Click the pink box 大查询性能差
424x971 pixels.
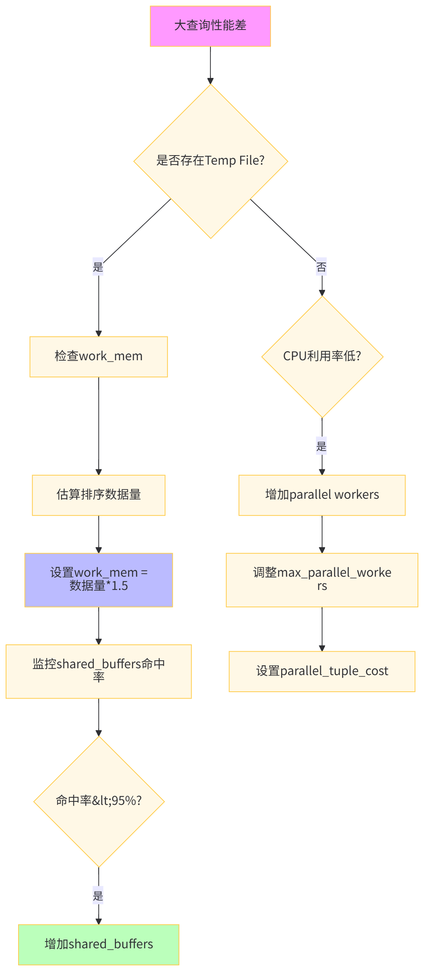pyautogui.click(x=210, y=26)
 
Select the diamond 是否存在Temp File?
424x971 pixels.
pyautogui.click(x=210, y=161)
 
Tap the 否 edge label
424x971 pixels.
pyautogui.click(x=321, y=267)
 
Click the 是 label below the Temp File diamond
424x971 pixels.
pyautogui.click(x=98, y=267)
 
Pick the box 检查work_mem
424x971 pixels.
pyautogui.click(x=99, y=356)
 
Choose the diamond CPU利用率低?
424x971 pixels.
pyautogui.click(x=322, y=356)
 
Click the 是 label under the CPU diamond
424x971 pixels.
pyautogui.click(x=321, y=446)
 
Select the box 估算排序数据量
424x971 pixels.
pyautogui.click(x=99, y=495)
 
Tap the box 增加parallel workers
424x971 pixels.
pyautogui.click(x=322, y=495)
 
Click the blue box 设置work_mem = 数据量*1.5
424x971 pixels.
pyautogui.click(x=99, y=580)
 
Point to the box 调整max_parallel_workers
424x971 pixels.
pyautogui.click(x=322, y=580)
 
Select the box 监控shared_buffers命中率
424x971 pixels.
pyautogui.click(x=99, y=671)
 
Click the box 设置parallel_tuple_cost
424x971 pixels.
pyautogui.click(x=322, y=671)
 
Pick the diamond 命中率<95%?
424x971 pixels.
pyautogui.click(x=99, y=801)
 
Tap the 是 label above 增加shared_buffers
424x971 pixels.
pyautogui.click(x=98, y=895)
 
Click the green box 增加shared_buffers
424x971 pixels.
pyautogui.click(x=99, y=945)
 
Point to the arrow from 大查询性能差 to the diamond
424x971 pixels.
pyautogui.click(x=210, y=64)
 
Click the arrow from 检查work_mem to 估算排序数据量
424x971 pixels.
pyautogui.click(x=99, y=426)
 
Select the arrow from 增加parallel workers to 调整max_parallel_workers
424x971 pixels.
pyautogui.click(x=322, y=534)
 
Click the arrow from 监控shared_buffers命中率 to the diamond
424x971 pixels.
pyautogui.click(x=99, y=717)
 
